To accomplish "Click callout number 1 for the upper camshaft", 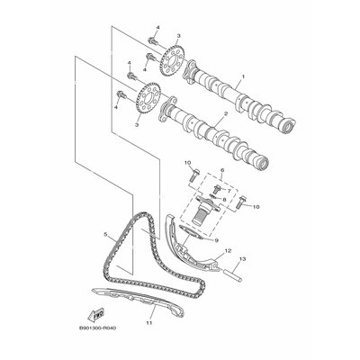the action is click(x=243, y=76).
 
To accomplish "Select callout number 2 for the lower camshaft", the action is click(x=226, y=114).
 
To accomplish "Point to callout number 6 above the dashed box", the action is click(x=222, y=170).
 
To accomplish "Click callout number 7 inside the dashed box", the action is click(x=229, y=190).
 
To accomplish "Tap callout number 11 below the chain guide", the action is click(x=149, y=323).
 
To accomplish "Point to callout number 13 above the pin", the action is click(x=242, y=258).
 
